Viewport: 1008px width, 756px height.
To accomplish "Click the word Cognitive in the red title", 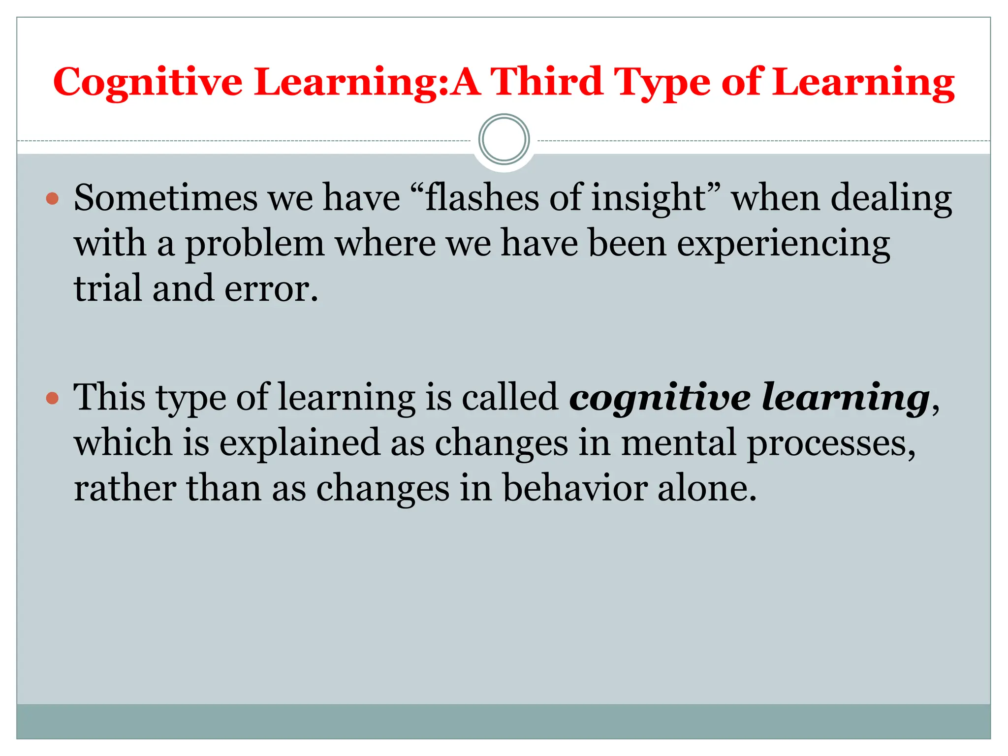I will click(148, 82).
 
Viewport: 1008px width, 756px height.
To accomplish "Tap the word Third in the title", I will click(547, 82).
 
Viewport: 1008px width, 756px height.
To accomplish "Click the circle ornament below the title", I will click(504, 139).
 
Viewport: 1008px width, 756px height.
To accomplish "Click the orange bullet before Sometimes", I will click(52, 199).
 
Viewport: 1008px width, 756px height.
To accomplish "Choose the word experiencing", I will click(783, 244).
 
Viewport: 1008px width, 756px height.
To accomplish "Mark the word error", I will click(271, 289).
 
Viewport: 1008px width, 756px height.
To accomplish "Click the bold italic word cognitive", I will click(660, 398).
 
